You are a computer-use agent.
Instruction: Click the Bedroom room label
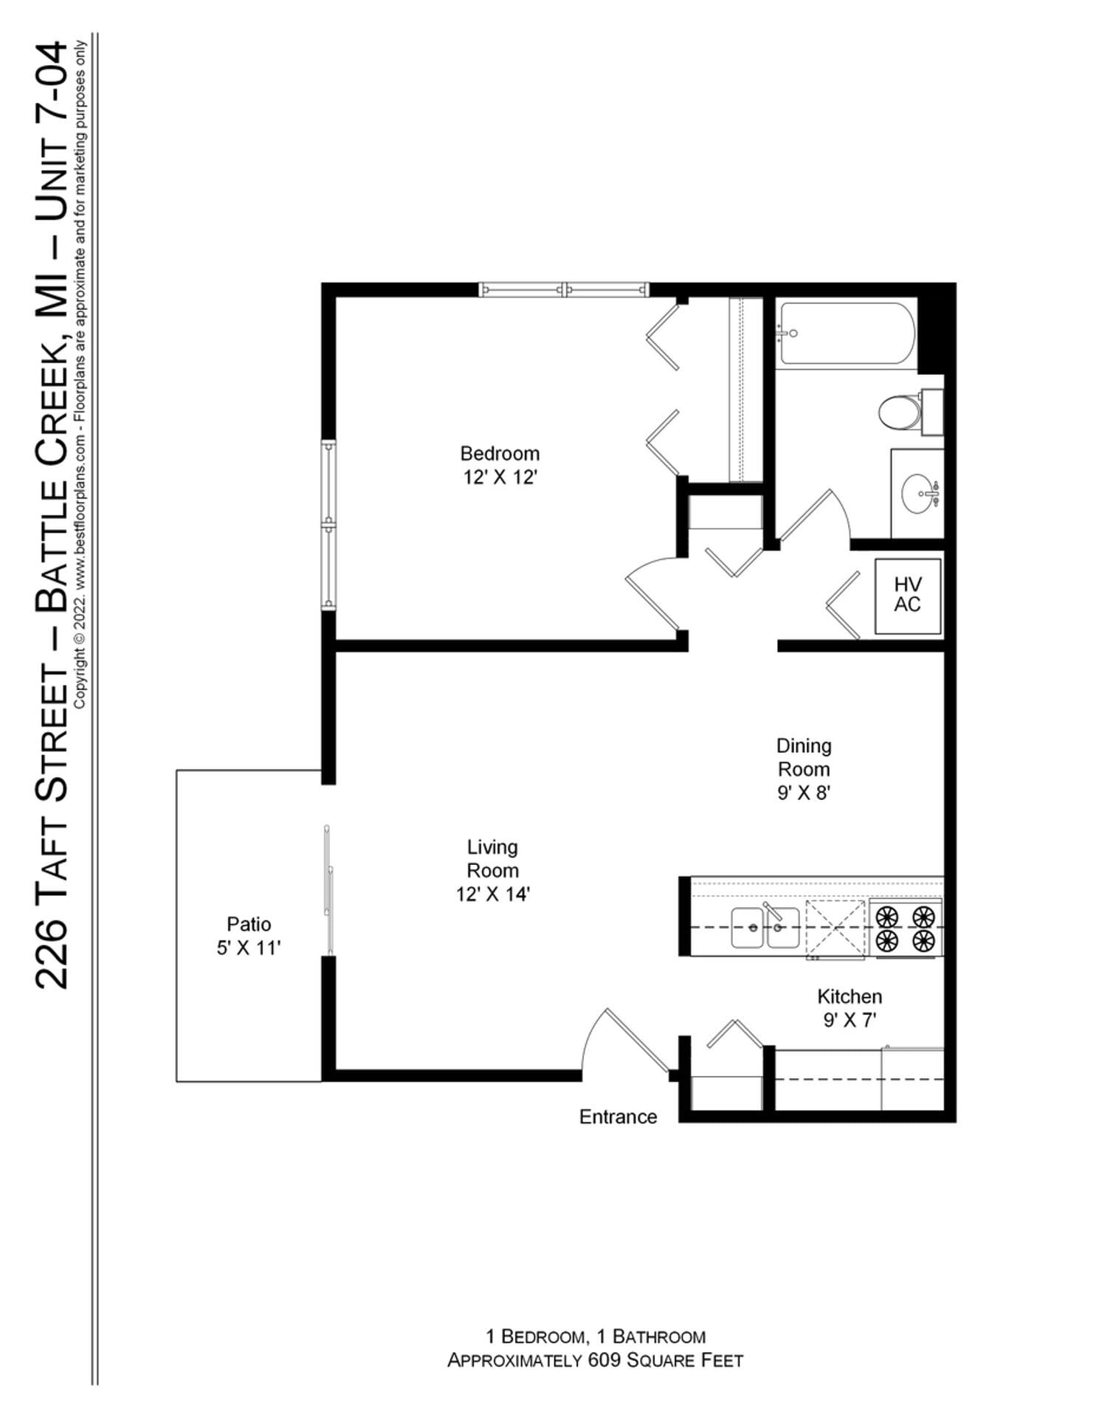point(500,453)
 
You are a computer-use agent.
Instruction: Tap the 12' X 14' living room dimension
point(492,894)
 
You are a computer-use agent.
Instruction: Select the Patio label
point(249,924)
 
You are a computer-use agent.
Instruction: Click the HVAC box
point(907,595)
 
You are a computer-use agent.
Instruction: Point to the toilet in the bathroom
point(900,411)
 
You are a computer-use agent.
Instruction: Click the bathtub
point(846,334)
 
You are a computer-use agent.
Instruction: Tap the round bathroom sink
point(919,492)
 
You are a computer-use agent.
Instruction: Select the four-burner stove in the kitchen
point(905,928)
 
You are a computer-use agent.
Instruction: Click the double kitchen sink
point(765,928)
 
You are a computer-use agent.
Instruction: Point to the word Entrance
point(618,1117)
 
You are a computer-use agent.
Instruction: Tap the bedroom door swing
point(653,593)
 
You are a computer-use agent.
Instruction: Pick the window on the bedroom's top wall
point(564,289)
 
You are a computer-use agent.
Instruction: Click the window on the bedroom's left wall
point(328,525)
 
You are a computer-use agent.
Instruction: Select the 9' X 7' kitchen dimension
point(849,1020)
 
